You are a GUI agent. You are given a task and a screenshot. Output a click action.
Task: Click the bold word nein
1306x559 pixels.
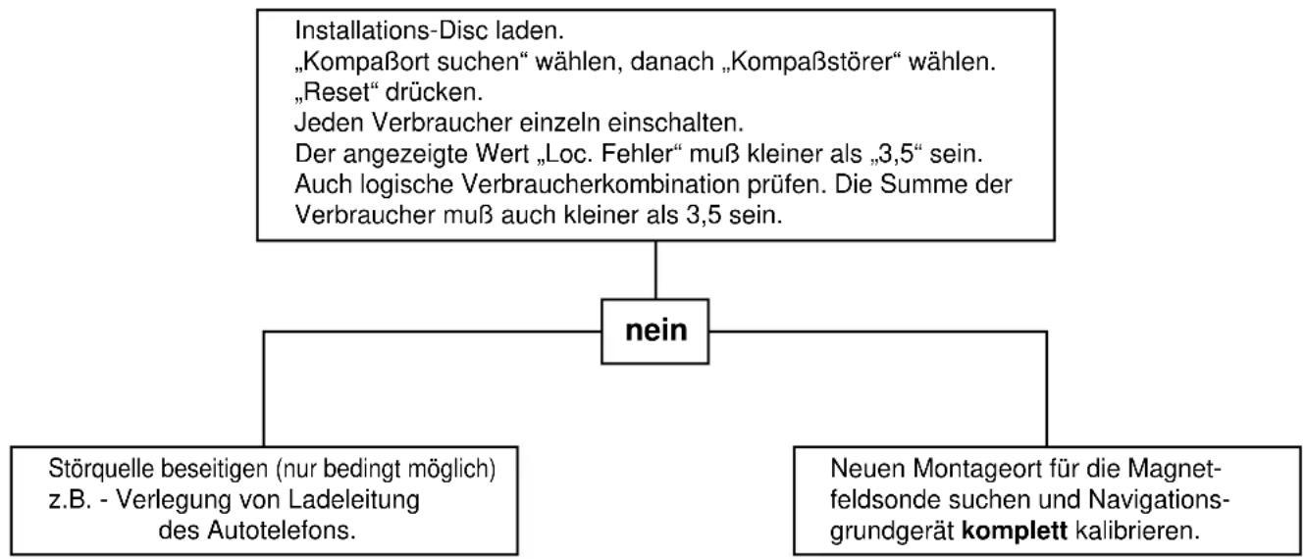point(655,330)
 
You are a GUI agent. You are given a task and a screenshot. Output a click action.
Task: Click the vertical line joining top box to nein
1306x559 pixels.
point(655,270)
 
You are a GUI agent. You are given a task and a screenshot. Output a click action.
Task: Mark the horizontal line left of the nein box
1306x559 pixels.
point(433,332)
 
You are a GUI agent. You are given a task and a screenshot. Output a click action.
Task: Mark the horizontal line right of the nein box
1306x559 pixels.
point(878,332)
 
